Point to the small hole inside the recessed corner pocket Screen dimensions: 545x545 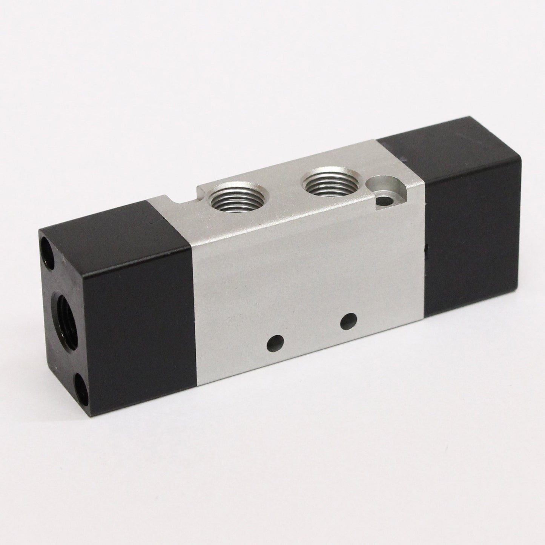pos(384,199)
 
